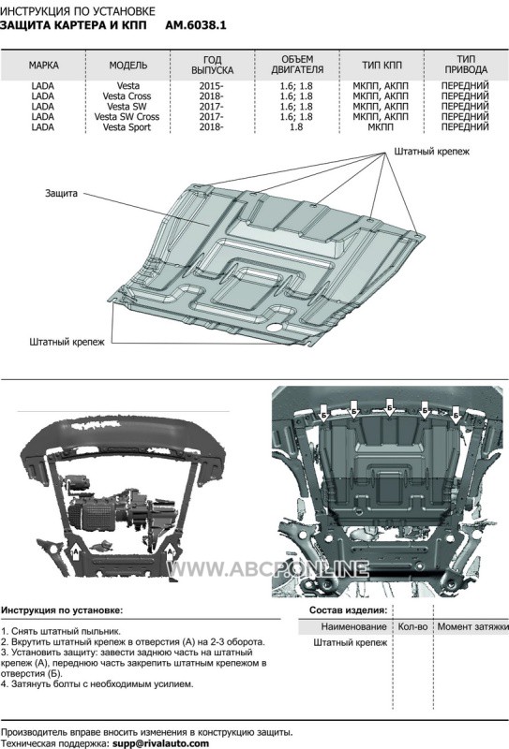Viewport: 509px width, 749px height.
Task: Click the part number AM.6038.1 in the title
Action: coord(196,25)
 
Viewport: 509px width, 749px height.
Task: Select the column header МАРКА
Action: coord(43,65)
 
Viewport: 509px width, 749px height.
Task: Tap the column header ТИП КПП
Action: coord(382,65)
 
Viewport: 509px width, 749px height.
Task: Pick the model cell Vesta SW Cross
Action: coord(127,116)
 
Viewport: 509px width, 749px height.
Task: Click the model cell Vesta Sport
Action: coord(127,127)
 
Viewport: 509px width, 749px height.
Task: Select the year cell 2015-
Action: coord(212,86)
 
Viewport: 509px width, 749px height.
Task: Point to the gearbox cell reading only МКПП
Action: coord(381,127)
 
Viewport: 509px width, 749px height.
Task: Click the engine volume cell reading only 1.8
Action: coord(296,127)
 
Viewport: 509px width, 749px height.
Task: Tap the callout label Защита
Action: coord(61,194)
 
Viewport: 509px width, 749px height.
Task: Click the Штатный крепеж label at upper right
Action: coord(432,152)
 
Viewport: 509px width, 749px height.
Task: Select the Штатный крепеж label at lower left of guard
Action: coord(67,342)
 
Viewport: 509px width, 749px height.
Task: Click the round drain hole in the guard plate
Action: coord(275,328)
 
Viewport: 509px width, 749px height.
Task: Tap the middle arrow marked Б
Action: coord(389,407)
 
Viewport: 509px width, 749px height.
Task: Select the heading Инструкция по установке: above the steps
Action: coord(62,610)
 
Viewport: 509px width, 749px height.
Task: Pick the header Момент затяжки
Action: coord(472,626)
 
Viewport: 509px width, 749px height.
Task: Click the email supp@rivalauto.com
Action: coord(160,743)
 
